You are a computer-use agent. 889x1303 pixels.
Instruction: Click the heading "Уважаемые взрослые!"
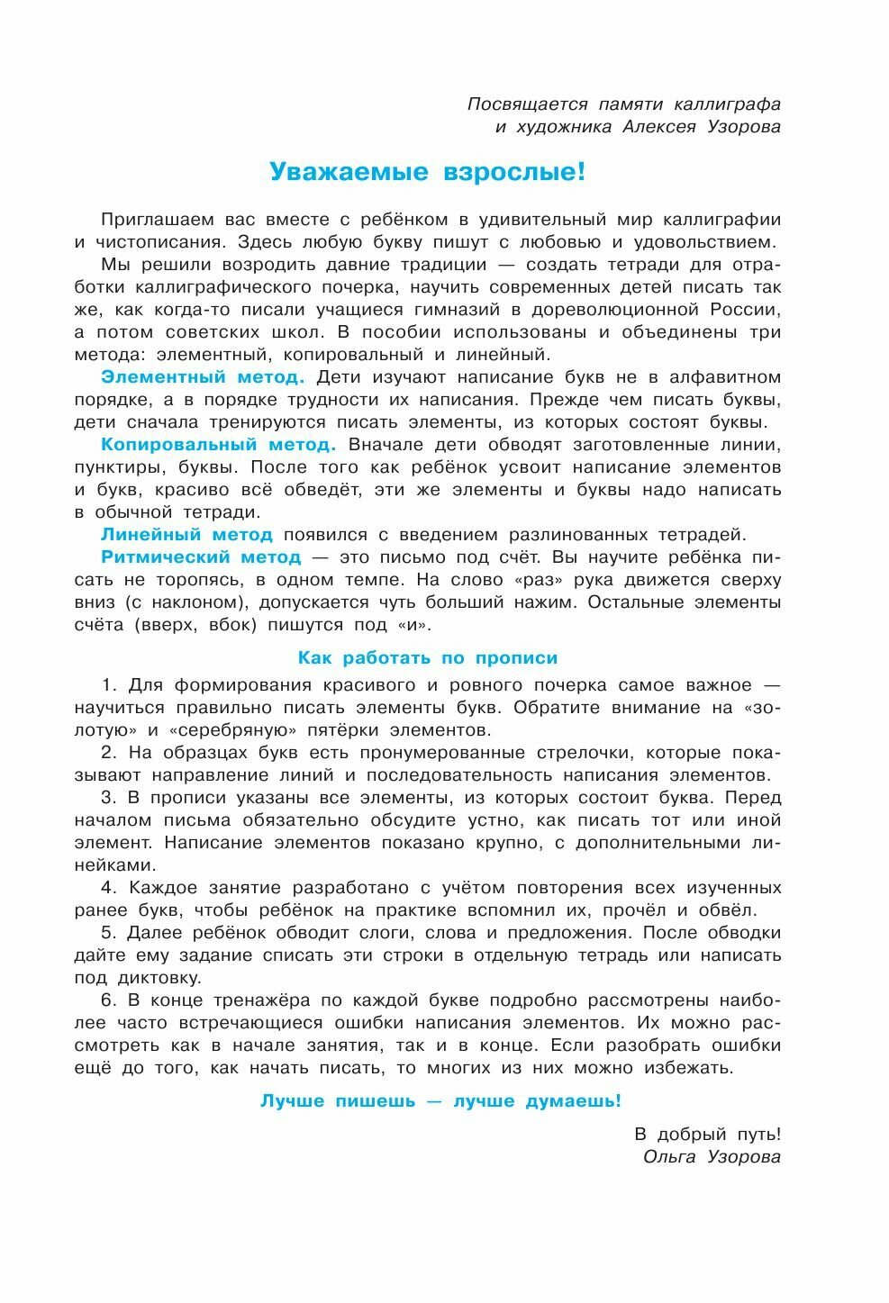[428, 171]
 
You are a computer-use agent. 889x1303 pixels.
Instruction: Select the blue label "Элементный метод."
[203, 376]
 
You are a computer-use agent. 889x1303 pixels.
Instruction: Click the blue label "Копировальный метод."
[218, 444]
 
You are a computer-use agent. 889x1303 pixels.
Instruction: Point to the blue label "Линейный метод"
[186, 534]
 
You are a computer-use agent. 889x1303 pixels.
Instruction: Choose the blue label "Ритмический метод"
[201, 556]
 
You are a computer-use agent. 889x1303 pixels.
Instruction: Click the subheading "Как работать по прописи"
[428, 657]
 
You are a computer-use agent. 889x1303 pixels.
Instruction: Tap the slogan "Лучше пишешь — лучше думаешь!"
[440, 1100]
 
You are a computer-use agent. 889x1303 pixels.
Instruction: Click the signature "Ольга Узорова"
[712, 1156]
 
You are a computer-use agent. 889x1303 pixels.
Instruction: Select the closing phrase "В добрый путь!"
[708, 1134]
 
